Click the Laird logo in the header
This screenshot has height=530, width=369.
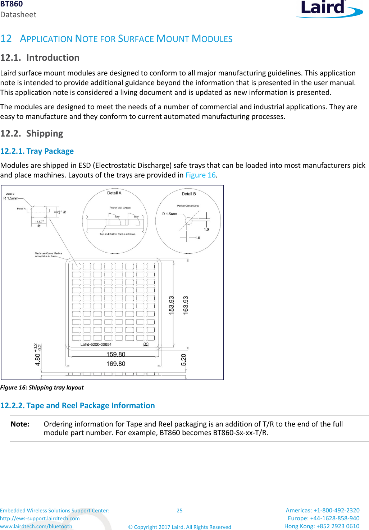point(329,9)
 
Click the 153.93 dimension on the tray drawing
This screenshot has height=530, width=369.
point(172,305)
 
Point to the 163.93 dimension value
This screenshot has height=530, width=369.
point(186,305)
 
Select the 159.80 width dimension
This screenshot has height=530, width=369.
point(116,354)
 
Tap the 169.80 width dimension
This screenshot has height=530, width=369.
point(116,364)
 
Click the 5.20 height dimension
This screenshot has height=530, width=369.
point(183,360)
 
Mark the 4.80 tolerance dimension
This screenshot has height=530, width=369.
point(38,355)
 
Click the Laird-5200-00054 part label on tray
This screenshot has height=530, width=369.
point(96,344)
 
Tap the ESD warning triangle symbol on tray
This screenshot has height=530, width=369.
point(146,344)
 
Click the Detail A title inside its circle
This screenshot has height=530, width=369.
point(114,193)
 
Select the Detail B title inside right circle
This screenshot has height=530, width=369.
point(189,194)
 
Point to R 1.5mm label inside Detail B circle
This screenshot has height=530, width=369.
point(169,214)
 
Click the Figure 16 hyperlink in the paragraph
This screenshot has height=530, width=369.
point(200,175)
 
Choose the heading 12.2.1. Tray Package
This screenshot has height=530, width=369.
point(37,151)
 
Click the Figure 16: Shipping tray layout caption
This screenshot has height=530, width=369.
point(42,387)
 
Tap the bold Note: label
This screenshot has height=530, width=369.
point(20,424)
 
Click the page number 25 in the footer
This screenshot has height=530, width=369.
point(179,510)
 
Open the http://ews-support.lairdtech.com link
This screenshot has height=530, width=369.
point(40,518)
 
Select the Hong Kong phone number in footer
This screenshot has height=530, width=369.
point(322,526)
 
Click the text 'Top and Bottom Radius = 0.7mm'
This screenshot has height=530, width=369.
point(118,234)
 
